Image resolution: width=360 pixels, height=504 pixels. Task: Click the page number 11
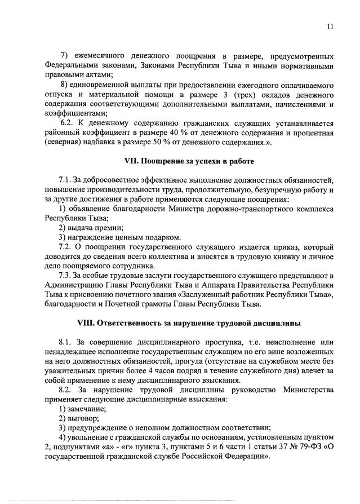331,26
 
